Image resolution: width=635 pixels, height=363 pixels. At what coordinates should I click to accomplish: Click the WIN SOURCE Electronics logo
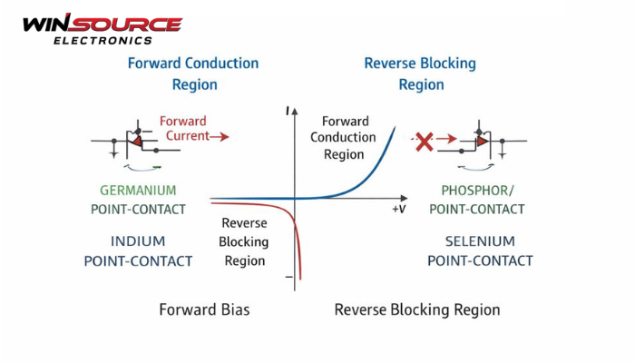(x=102, y=29)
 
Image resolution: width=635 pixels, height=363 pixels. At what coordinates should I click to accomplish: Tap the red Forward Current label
(x=184, y=129)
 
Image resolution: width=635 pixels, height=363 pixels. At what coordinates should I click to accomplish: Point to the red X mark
(x=424, y=142)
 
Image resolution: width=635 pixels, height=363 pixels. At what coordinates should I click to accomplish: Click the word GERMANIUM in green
(x=139, y=191)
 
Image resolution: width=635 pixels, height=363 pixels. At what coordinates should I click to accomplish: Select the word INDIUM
(x=138, y=242)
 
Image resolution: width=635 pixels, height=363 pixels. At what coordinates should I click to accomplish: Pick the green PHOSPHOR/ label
(x=476, y=191)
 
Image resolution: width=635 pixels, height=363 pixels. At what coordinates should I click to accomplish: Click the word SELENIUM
(x=480, y=241)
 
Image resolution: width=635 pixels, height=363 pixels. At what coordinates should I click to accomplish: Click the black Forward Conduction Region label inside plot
(x=343, y=137)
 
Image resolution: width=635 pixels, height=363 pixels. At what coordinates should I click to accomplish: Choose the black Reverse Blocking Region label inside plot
(x=245, y=242)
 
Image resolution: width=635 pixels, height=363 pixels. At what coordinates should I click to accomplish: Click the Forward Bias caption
(x=204, y=309)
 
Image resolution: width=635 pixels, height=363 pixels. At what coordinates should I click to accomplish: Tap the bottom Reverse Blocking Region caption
(x=417, y=309)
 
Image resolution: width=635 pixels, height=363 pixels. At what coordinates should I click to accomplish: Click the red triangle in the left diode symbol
(x=137, y=142)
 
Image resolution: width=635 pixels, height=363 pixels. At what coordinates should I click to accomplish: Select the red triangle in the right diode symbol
(x=483, y=142)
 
